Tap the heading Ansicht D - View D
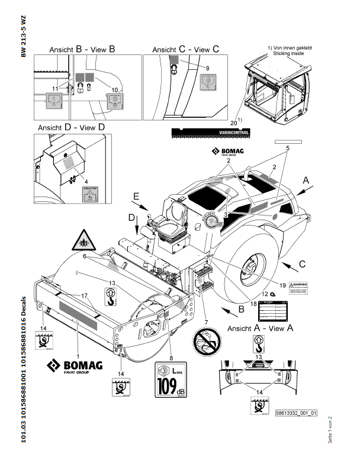click(71, 127)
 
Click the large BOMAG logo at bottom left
click(75, 368)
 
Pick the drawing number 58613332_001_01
click(297, 413)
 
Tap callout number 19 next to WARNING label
click(282, 285)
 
